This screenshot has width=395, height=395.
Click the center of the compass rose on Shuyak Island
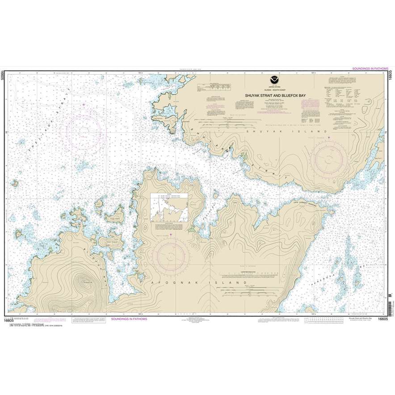[x=329, y=157]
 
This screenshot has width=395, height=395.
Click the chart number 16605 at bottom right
[x=383, y=319]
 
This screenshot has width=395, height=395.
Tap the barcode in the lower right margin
[x=390, y=303]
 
